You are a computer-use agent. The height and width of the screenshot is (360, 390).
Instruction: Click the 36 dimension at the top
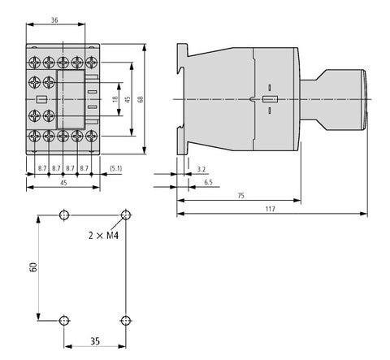[54, 20]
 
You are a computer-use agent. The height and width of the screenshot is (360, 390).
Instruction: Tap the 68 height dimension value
[141, 99]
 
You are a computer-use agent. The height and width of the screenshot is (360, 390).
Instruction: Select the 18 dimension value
[115, 99]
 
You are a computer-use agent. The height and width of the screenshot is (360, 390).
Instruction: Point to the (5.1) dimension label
[116, 168]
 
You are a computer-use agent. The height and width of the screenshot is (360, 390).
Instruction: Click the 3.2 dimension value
[201, 170]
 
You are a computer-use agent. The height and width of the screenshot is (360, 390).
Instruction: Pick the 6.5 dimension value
[208, 182]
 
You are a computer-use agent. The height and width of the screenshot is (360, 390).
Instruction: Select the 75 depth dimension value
[240, 196]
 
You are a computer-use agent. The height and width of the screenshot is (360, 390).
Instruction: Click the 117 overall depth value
[270, 209]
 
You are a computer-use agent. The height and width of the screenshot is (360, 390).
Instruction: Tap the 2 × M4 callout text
[104, 236]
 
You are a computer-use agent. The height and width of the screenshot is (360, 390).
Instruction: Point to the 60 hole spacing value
[33, 267]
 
